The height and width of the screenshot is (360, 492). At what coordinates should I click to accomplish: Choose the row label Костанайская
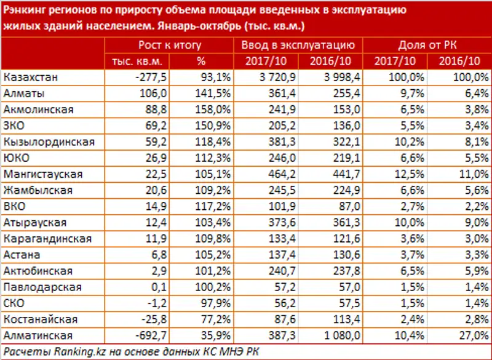40,319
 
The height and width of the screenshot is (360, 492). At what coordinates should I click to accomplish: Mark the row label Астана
22,254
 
